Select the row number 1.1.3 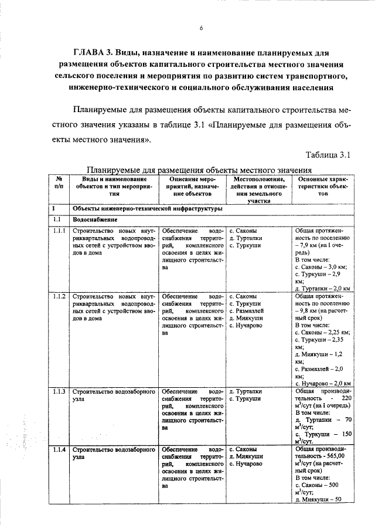[59, 390]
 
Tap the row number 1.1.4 [59, 449]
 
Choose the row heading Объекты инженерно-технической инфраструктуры [146, 208]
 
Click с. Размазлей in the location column [251, 311]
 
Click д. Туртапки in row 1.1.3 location [250, 390]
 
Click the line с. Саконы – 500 [318, 485]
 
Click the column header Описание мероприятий [192, 186]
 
